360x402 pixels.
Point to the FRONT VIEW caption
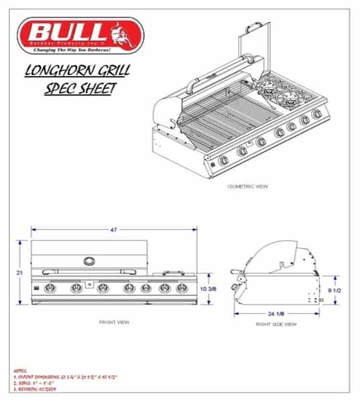coord(114,322)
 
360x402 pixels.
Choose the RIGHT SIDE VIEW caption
coord(276,324)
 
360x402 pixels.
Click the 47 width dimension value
coord(115,230)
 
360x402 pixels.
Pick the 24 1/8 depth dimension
coord(276,312)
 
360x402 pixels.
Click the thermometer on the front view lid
coord(88,259)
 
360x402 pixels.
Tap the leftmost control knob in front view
coord(49,289)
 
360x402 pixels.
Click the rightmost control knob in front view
coord(180,289)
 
